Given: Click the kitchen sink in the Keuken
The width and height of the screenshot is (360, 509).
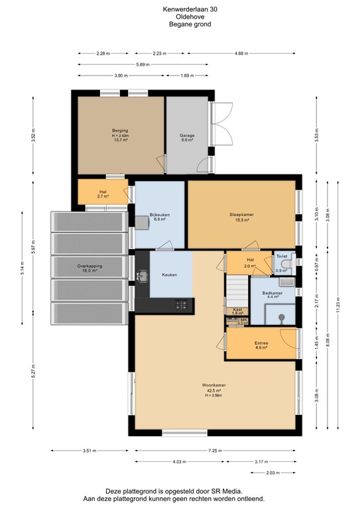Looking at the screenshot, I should (x=142, y=274).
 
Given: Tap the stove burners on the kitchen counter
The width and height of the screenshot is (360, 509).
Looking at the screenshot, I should (x=182, y=305).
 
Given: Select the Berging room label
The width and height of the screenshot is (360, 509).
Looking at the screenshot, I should (x=120, y=131).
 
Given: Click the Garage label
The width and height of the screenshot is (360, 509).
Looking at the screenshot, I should (x=187, y=136).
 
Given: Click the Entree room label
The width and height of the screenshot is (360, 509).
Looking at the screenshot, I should (x=261, y=343).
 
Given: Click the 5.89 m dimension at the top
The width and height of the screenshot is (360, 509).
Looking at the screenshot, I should (x=143, y=64).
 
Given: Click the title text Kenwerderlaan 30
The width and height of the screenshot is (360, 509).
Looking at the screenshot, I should (x=179, y=9).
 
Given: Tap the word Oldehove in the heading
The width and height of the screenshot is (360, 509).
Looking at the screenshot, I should (x=179, y=17).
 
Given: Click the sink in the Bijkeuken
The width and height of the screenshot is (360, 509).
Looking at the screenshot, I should (x=143, y=221).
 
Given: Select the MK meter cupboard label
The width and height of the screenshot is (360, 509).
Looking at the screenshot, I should (x=243, y=319).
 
